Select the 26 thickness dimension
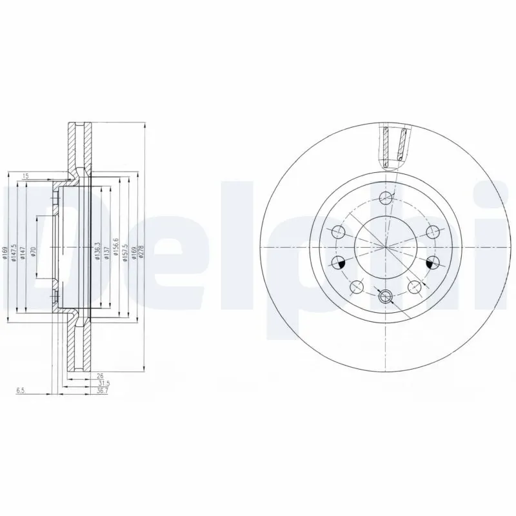pyautogui.click(x=100, y=375)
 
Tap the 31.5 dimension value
pyautogui.click(x=99, y=383)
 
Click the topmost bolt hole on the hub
pyautogui.click(x=385, y=197)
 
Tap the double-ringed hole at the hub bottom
pyautogui.click(x=385, y=297)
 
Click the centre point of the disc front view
pyautogui.click(x=385, y=247)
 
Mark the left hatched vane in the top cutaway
pyautogui.click(x=386, y=146)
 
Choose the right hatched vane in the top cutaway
pyautogui.click(x=402, y=146)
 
